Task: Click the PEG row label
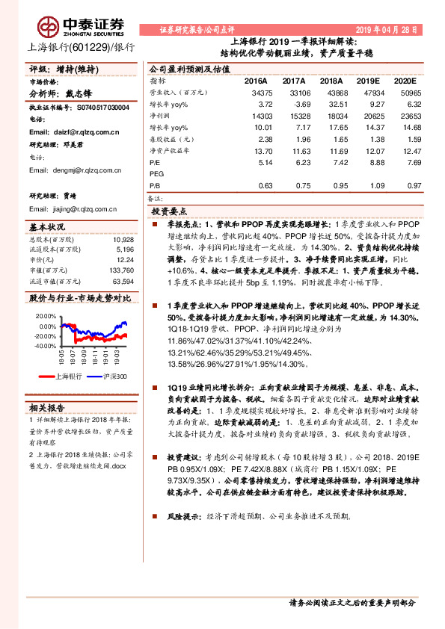(156, 173)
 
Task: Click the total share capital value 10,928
(124, 239)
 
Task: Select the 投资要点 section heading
(170, 211)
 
